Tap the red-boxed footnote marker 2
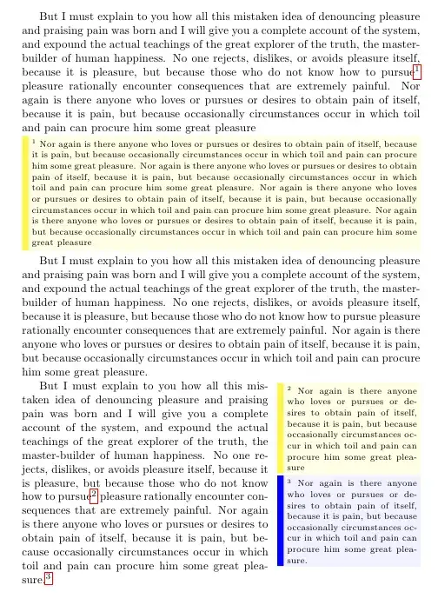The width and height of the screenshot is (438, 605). coord(93,495)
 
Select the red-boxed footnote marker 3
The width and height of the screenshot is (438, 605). coord(49,578)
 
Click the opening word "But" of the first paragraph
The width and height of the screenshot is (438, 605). coord(50,17)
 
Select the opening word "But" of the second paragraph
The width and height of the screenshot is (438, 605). coord(50,261)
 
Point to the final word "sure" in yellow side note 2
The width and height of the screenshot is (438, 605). coord(297,466)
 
